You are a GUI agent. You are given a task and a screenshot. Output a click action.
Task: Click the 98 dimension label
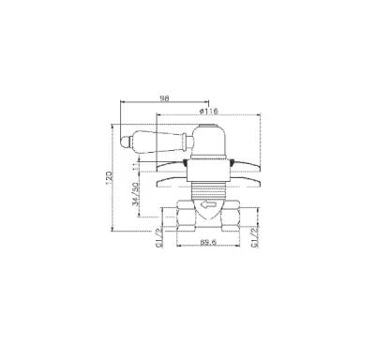164,98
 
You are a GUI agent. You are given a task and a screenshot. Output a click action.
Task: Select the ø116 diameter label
208,111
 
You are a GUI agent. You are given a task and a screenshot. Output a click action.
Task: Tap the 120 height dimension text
109,178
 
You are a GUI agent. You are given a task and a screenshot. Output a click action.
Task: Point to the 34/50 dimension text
135,194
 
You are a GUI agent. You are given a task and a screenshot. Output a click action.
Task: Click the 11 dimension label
135,167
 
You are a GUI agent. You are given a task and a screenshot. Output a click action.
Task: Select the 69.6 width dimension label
208,242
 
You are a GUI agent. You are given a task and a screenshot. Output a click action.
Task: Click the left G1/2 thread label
159,238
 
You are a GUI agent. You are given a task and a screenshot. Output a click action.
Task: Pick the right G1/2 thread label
255,238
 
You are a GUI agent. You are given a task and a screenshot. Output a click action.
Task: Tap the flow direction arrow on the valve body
208,205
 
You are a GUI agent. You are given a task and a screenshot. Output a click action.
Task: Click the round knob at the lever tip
125,142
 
